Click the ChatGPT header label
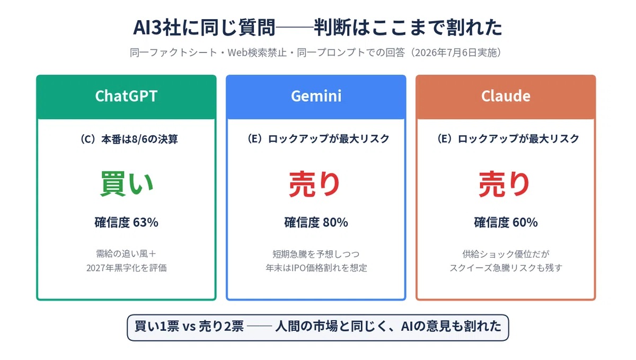point(126,96)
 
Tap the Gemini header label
point(316,96)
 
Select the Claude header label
point(506,96)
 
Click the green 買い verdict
point(127,184)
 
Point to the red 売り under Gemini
point(315,184)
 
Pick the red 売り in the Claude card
point(504,184)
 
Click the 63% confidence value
point(146,222)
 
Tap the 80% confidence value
point(335,222)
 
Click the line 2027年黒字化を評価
point(126,268)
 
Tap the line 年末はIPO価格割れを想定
point(316,268)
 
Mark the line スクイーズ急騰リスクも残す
point(506,268)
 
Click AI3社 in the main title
point(157,28)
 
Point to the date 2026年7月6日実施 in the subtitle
point(456,53)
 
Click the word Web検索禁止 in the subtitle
point(257,53)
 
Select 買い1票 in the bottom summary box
point(157,326)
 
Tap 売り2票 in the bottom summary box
point(221,326)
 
